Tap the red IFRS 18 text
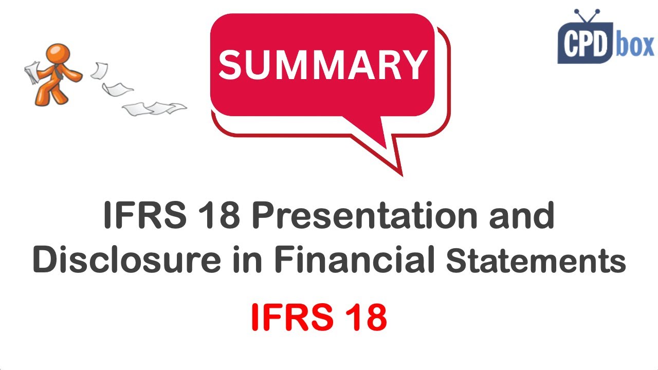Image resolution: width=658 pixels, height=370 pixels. (319, 318)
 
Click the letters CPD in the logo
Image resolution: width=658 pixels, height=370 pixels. (584, 46)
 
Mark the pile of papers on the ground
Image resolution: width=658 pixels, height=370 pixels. (154, 108)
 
